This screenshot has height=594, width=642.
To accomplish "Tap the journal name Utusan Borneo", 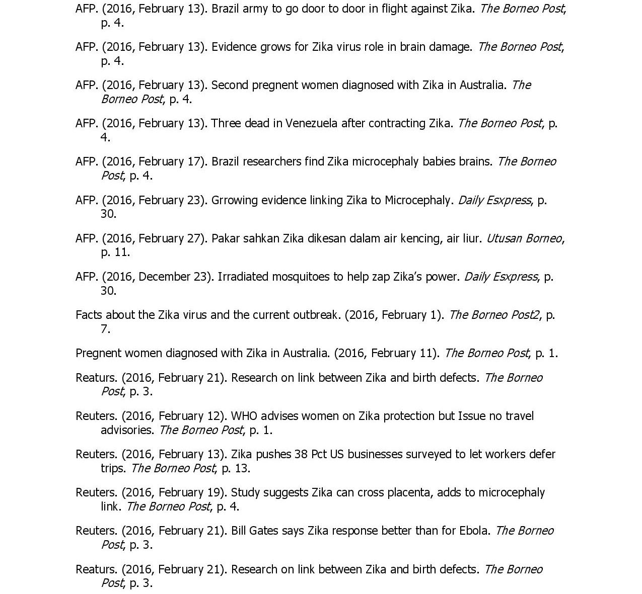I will tap(524, 238).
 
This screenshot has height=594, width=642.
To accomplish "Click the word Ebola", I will tap(473, 531).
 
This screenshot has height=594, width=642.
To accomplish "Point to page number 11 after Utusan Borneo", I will tap(121, 252).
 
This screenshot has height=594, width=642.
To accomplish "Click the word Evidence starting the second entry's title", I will tap(234, 47).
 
